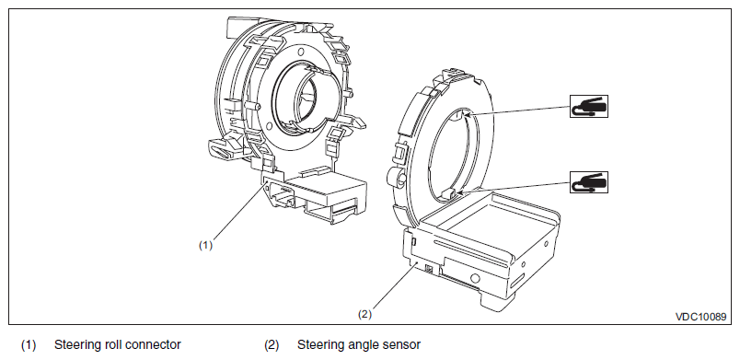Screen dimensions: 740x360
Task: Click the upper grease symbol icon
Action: click(x=588, y=106)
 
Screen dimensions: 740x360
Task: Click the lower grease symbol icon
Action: click(x=588, y=182)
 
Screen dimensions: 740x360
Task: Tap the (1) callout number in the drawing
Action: click(x=205, y=245)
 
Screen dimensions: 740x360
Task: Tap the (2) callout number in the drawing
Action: click(x=364, y=314)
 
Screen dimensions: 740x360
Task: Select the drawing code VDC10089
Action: click(x=700, y=317)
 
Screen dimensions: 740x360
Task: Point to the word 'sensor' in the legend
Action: click(x=402, y=345)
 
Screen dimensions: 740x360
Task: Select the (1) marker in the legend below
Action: click(x=29, y=345)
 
